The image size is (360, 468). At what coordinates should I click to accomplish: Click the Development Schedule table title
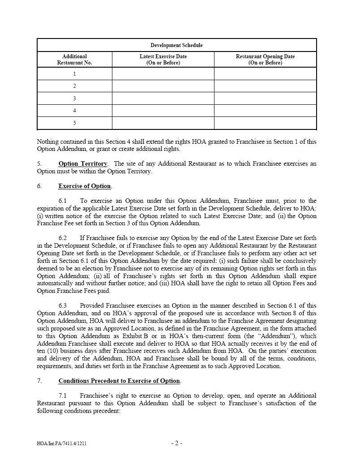pos(176,45)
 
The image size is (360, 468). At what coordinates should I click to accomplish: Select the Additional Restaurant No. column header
pos(74,60)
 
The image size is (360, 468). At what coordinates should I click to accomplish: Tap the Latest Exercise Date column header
pos(163,60)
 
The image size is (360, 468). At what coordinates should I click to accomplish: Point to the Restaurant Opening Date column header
pos(265,60)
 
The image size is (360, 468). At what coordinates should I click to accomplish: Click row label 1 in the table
pos(74,74)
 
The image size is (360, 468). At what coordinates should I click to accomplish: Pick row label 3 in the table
pos(74,99)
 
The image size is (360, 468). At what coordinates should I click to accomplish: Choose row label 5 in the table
pos(74,123)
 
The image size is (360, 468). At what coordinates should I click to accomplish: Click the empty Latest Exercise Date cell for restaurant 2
pos(163,86)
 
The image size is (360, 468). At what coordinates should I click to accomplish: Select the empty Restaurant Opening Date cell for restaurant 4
pos(265,111)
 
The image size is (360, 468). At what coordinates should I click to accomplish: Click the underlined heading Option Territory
pos(83,164)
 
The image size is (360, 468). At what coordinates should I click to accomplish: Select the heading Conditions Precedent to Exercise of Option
pos(119,381)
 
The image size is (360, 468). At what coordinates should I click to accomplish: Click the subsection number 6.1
pos(62,201)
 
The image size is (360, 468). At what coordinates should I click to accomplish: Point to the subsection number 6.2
pos(62,238)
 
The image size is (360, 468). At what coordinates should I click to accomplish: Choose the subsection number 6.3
pos(62,305)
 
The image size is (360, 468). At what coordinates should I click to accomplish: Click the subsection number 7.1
pos(62,396)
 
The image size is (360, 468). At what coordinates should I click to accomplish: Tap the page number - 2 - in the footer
pos(176,443)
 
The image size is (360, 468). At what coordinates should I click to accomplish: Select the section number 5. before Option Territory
pos(39,164)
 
